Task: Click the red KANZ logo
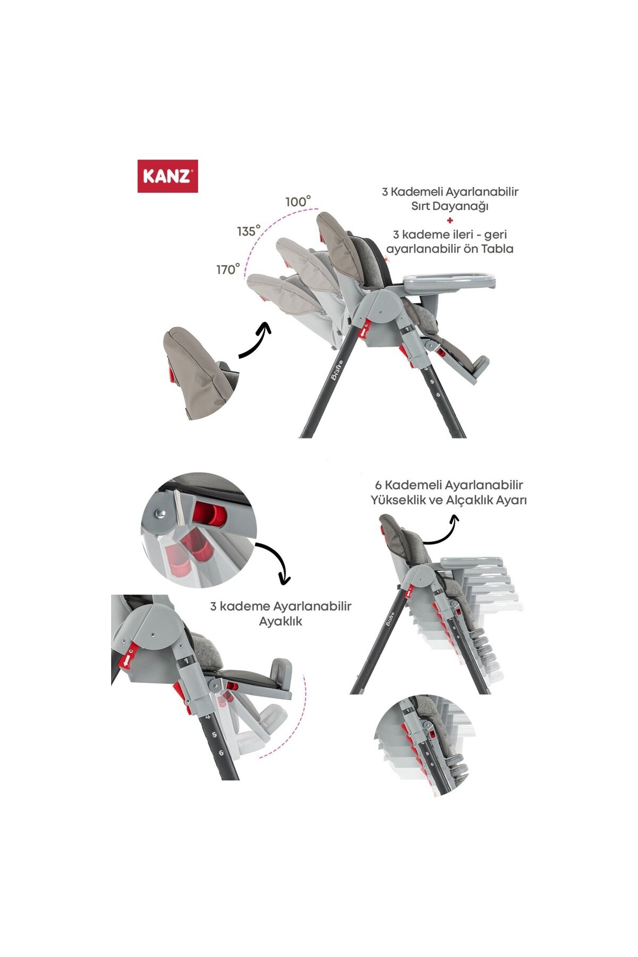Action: coord(167,176)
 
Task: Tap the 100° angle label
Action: coord(298,202)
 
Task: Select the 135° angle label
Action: coord(249,231)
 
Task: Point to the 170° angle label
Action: coord(228,269)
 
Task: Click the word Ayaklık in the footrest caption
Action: coord(280,622)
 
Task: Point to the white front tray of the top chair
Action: coord(449,280)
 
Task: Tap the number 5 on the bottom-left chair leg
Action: coord(214,735)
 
